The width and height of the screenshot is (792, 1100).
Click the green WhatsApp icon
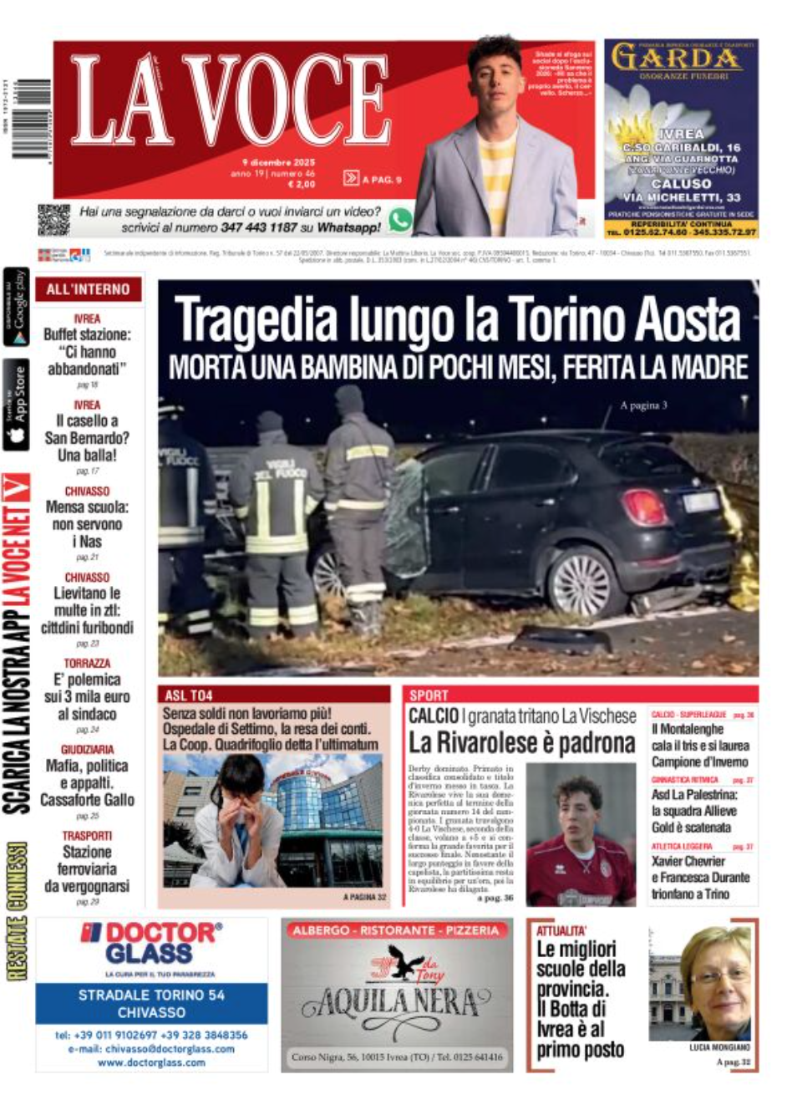[x=400, y=220]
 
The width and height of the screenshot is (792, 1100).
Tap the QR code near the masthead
[x=53, y=220]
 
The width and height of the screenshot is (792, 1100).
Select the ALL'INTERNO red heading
[x=88, y=289]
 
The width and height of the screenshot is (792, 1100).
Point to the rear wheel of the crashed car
[x=581, y=579]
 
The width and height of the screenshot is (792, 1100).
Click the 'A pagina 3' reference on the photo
[x=643, y=406]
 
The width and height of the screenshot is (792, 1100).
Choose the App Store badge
[x=17, y=404]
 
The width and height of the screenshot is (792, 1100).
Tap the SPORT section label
[x=429, y=695]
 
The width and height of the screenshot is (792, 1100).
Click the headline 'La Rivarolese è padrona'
[x=522, y=743]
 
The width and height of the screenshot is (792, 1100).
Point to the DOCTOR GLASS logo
[x=152, y=944]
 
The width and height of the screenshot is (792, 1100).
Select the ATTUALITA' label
[x=562, y=930]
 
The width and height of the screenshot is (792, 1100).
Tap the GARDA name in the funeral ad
[x=677, y=59]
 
